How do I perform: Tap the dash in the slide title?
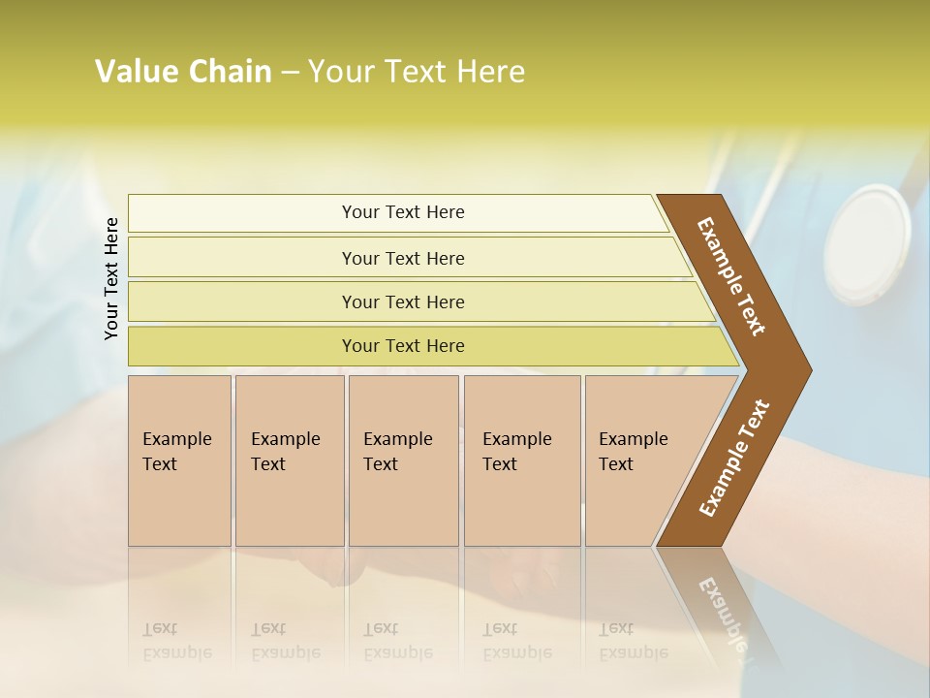(290, 73)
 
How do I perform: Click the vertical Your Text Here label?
(111, 278)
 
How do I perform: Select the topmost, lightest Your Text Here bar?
(402, 212)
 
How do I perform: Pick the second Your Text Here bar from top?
(402, 258)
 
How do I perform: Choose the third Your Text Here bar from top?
(402, 301)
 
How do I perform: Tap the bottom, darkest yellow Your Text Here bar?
(402, 346)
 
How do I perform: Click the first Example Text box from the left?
(179, 460)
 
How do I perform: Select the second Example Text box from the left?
(289, 460)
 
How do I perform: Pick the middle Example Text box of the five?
(403, 460)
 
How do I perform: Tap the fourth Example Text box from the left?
(521, 460)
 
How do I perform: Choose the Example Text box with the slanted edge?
(639, 460)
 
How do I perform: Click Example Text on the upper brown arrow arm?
(731, 276)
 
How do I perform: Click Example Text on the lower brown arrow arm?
(733, 459)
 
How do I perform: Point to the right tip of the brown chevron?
(809, 369)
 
